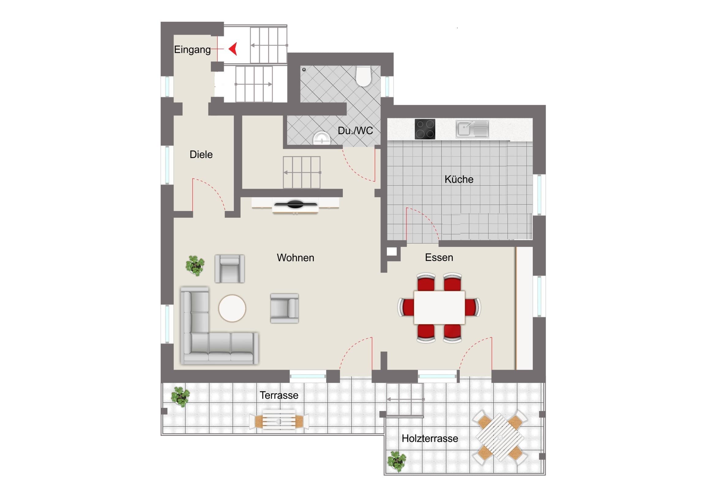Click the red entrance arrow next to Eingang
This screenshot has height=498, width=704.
[x=233, y=49]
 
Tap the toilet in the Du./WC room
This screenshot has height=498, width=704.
[x=364, y=76]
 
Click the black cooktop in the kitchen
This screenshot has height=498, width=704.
[x=425, y=129]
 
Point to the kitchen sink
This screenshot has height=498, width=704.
[x=472, y=129]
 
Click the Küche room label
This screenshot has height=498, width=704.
[x=459, y=179]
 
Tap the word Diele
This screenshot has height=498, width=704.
[x=201, y=154]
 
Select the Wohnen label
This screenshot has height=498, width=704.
[x=296, y=258]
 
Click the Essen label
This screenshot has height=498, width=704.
[x=439, y=257]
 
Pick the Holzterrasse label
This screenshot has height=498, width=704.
[x=430, y=439]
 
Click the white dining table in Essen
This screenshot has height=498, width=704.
[x=439, y=307]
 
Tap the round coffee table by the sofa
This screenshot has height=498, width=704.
[x=232, y=308]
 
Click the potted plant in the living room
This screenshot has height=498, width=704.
[x=195, y=266]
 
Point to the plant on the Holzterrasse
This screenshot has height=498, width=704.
[x=397, y=461]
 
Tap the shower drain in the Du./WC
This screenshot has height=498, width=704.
[x=304, y=70]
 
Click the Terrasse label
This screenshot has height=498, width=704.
[x=279, y=395]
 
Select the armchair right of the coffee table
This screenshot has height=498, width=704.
[x=284, y=308]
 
